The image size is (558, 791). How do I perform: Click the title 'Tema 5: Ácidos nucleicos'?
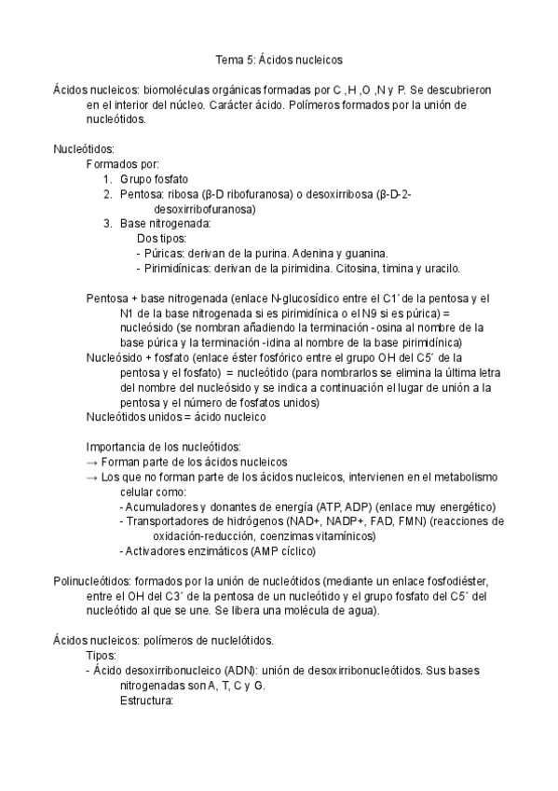pos(279,60)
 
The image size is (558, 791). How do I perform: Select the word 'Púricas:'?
pos(166,254)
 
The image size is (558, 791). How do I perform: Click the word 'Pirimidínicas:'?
pos(182,269)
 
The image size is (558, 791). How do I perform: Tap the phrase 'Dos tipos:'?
pos(161,239)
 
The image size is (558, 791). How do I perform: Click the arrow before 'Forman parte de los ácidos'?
pos(91,462)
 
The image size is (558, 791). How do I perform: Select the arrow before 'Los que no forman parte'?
pos(91,477)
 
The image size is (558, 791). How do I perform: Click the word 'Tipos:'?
pos(102,656)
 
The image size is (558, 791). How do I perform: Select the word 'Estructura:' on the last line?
pos(147,701)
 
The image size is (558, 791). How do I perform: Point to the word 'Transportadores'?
pos(167,521)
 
